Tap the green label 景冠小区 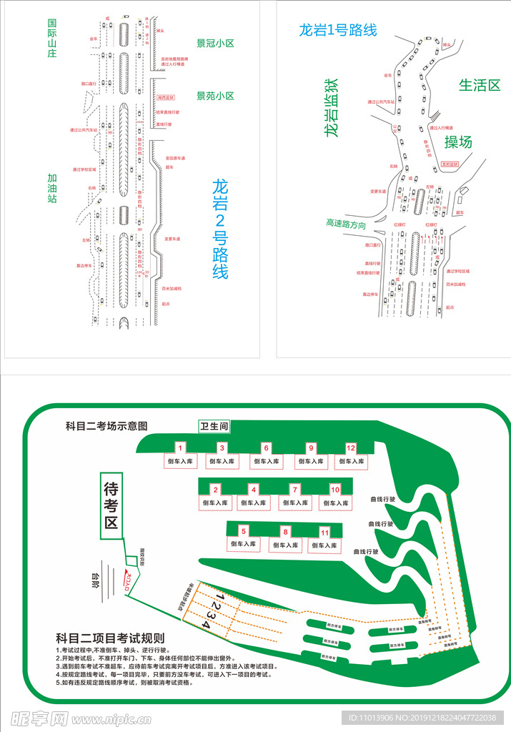tap(215, 43)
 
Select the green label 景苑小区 tap(215, 96)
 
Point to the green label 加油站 tap(52, 187)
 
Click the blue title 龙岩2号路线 tap(220, 228)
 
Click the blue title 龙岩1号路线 tap(337, 30)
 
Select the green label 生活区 tap(479, 84)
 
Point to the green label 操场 tap(458, 142)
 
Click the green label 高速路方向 tap(346, 224)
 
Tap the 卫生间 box tap(214, 426)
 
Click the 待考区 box tap(111, 505)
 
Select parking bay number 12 tap(351, 447)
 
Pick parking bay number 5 tap(244, 531)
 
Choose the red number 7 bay tap(294, 490)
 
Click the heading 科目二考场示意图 tap(106, 425)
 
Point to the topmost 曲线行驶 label tap(382, 499)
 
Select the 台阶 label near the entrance tap(94, 578)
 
